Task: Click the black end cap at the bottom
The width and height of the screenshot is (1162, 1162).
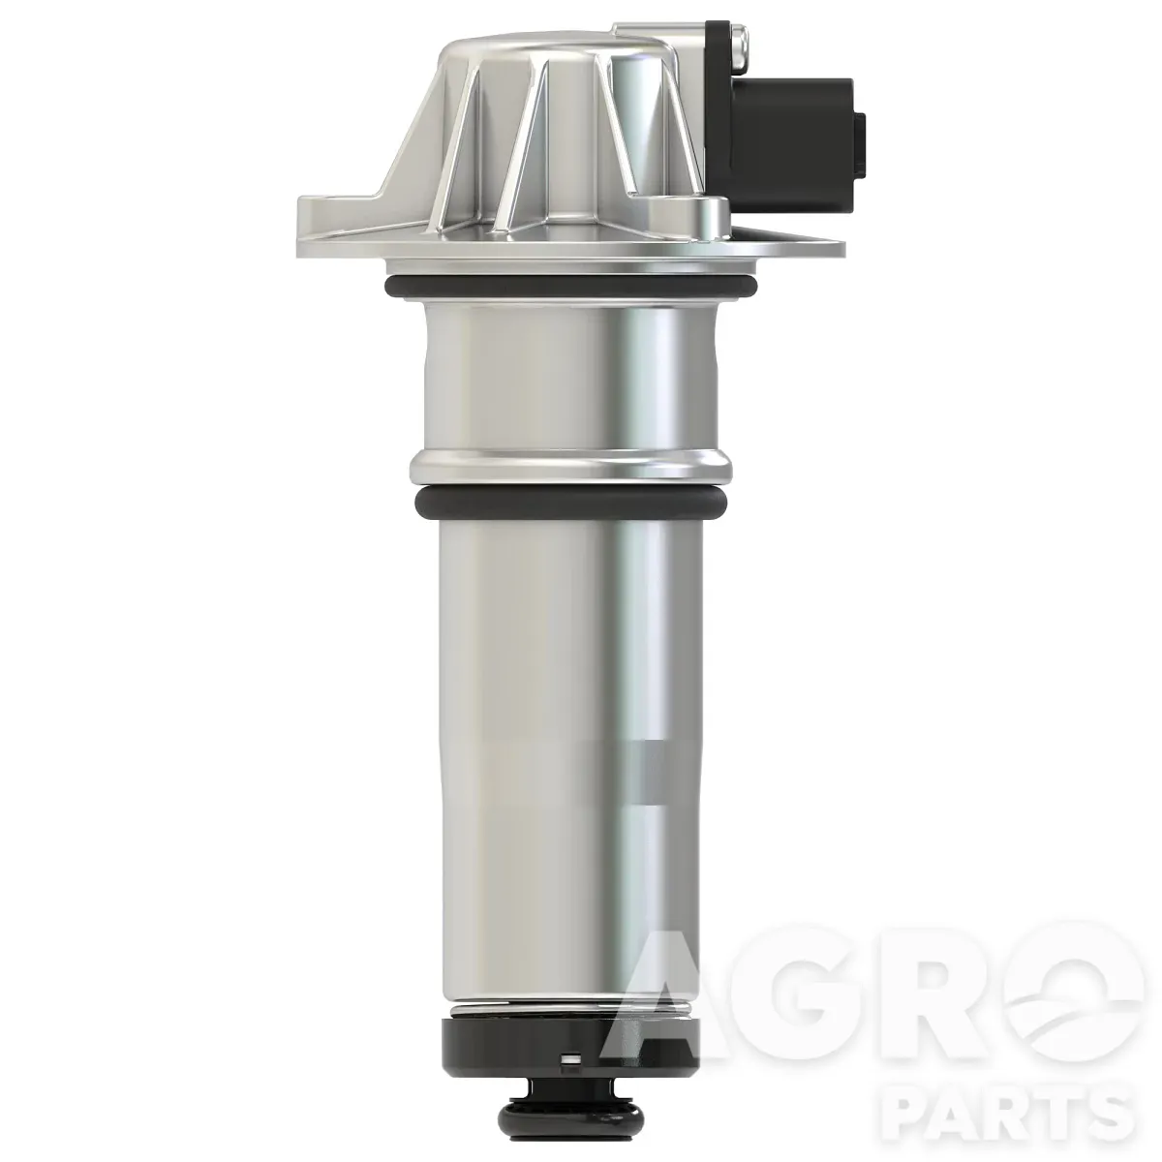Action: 568,1042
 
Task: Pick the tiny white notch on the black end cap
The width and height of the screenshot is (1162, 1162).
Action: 568,1057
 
